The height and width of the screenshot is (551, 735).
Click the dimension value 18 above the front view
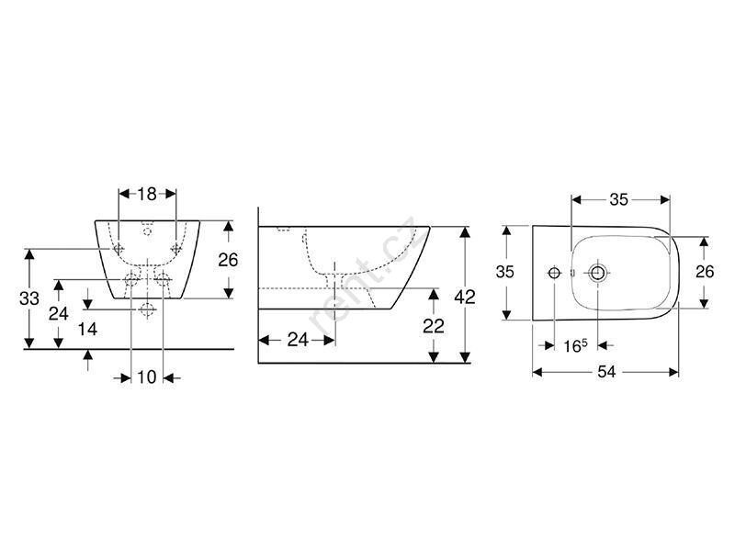click(147, 194)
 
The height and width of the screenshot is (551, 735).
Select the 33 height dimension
click(29, 298)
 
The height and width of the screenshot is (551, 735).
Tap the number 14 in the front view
click(87, 329)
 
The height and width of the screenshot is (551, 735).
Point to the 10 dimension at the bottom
click(147, 377)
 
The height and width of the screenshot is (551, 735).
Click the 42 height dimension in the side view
click(465, 297)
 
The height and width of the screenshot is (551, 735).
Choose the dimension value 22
click(434, 326)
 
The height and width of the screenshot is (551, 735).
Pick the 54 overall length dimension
click(606, 372)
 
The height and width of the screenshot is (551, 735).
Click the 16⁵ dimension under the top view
click(575, 346)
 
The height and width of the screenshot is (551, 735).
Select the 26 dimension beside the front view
click(228, 260)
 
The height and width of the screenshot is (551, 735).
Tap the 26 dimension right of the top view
click(704, 271)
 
